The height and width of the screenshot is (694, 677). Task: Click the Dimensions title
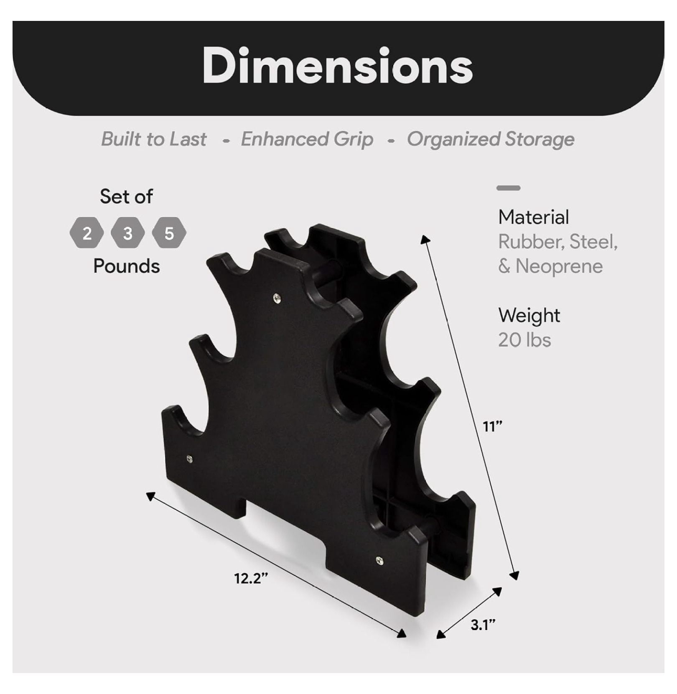(x=338, y=66)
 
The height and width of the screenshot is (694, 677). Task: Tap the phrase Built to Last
(x=153, y=139)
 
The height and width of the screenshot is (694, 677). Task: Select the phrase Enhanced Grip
(x=307, y=140)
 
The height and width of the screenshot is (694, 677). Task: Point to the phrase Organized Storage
(x=491, y=140)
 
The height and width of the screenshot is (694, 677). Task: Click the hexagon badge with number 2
(x=87, y=233)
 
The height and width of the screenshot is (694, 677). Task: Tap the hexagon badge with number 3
(x=128, y=233)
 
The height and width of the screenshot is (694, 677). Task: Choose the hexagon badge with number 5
(x=169, y=233)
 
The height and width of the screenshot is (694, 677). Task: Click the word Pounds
(x=127, y=266)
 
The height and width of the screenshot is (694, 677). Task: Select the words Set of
(x=126, y=196)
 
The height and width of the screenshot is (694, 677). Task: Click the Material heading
(x=534, y=217)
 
